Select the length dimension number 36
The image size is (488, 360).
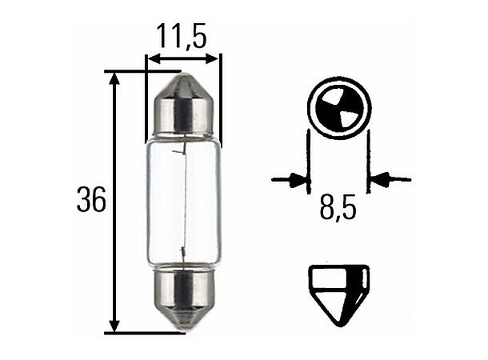(x=91, y=201)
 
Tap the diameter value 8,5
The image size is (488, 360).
(x=337, y=210)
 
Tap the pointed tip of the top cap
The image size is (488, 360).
(x=182, y=78)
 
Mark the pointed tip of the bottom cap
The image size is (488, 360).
(x=182, y=326)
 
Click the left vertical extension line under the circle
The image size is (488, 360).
(x=309, y=160)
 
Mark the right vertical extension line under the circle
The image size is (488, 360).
(x=368, y=160)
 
